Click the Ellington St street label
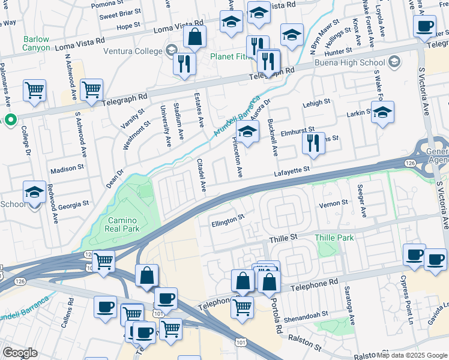(x=228, y=221)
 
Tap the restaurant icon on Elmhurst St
(x=313, y=143)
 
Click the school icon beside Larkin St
(x=382, y=112)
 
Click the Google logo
(x=20, y=353)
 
